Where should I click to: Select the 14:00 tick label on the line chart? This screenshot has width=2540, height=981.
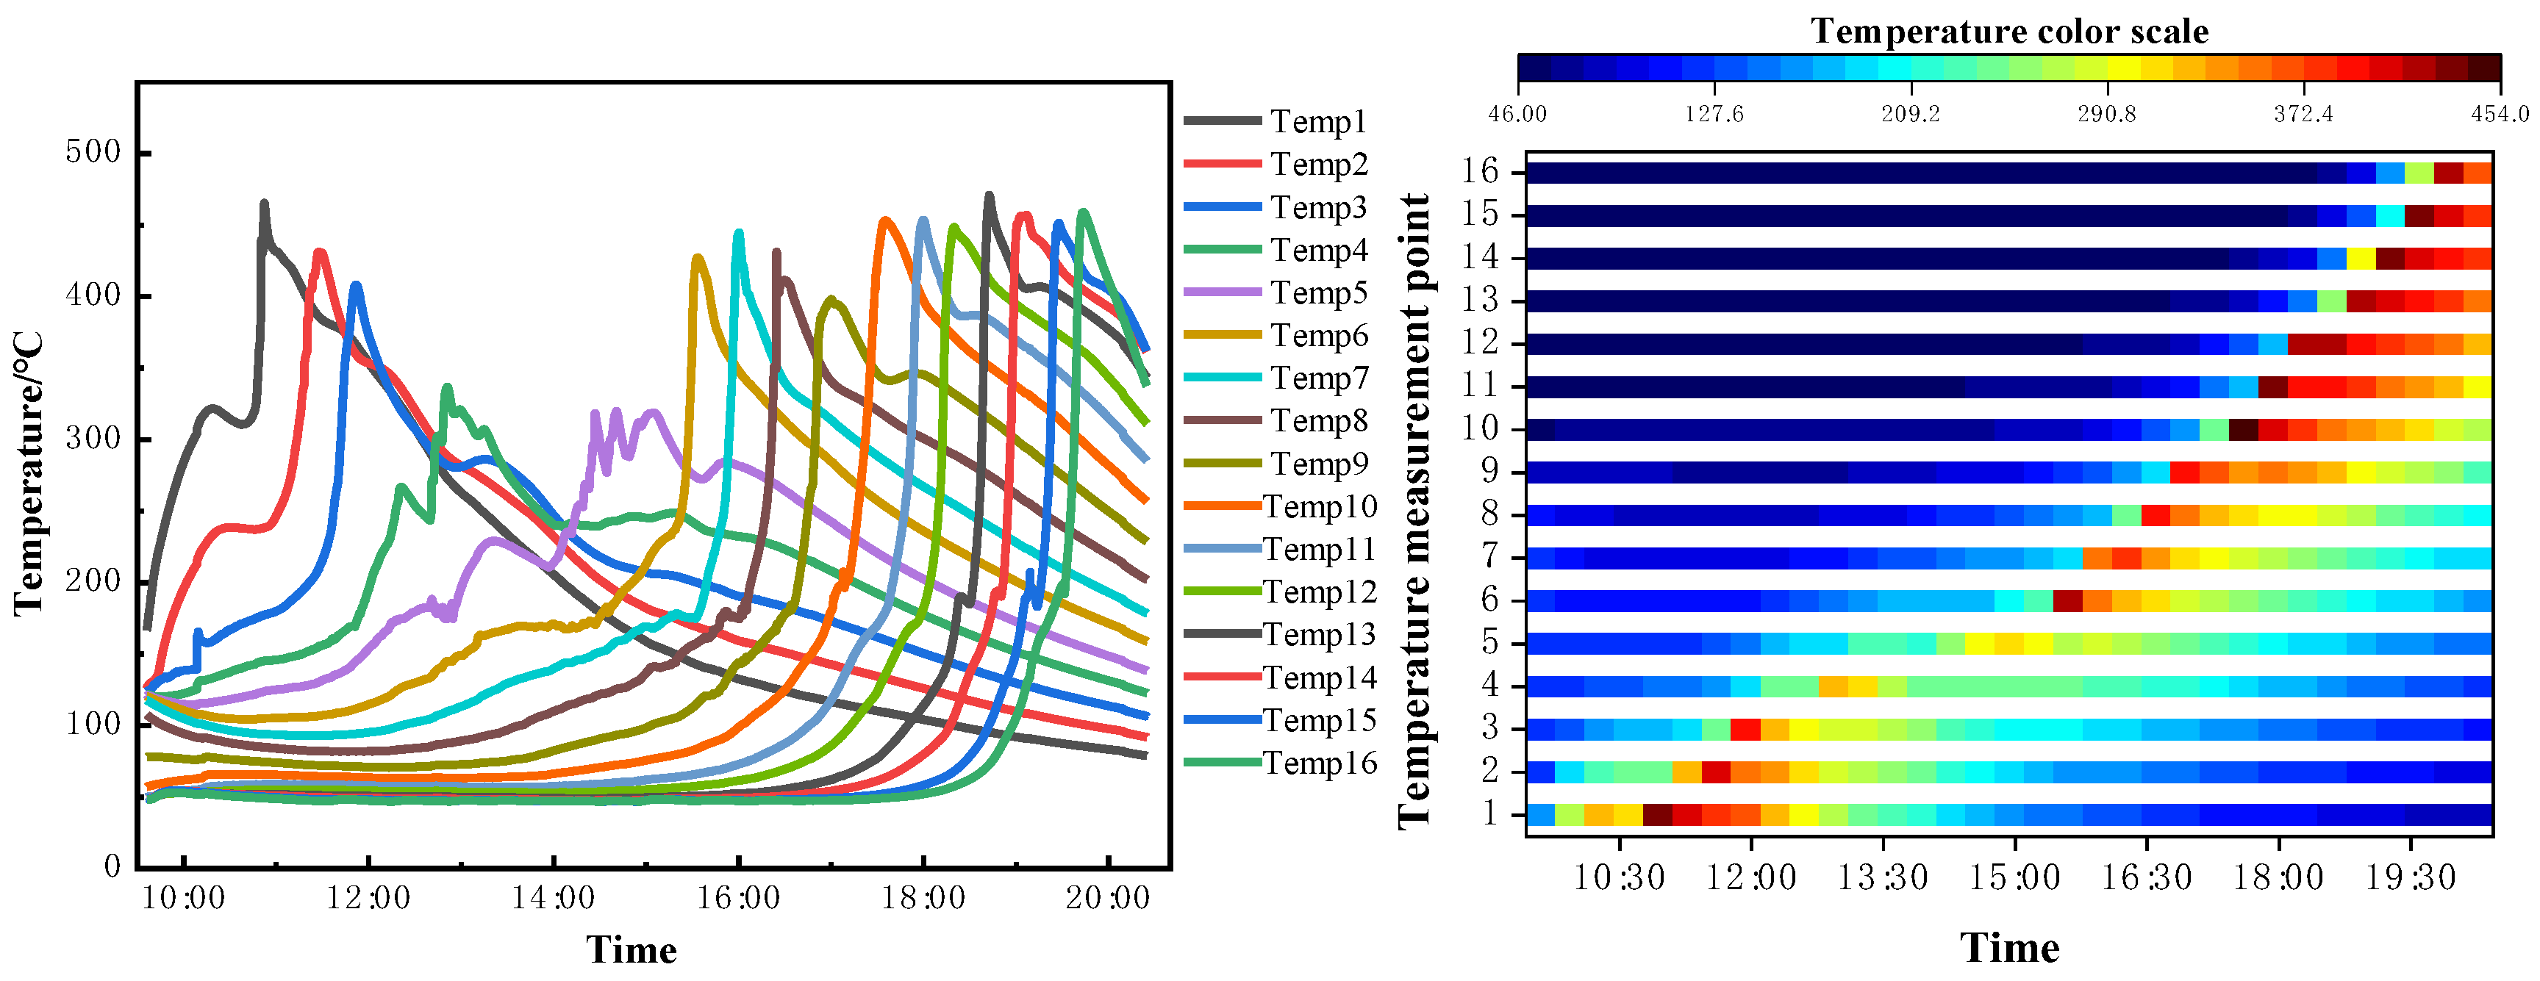(x=553, y=898)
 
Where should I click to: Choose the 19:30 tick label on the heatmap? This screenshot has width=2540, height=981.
(x=2410, y=877)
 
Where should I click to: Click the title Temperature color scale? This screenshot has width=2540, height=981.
(x=2008, y=32)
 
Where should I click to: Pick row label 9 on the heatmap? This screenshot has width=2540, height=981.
(x=1489, y=471)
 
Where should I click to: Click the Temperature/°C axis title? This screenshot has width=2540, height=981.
(x=29, y=474)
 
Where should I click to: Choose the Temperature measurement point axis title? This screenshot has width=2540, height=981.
(x=1415, y=511)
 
